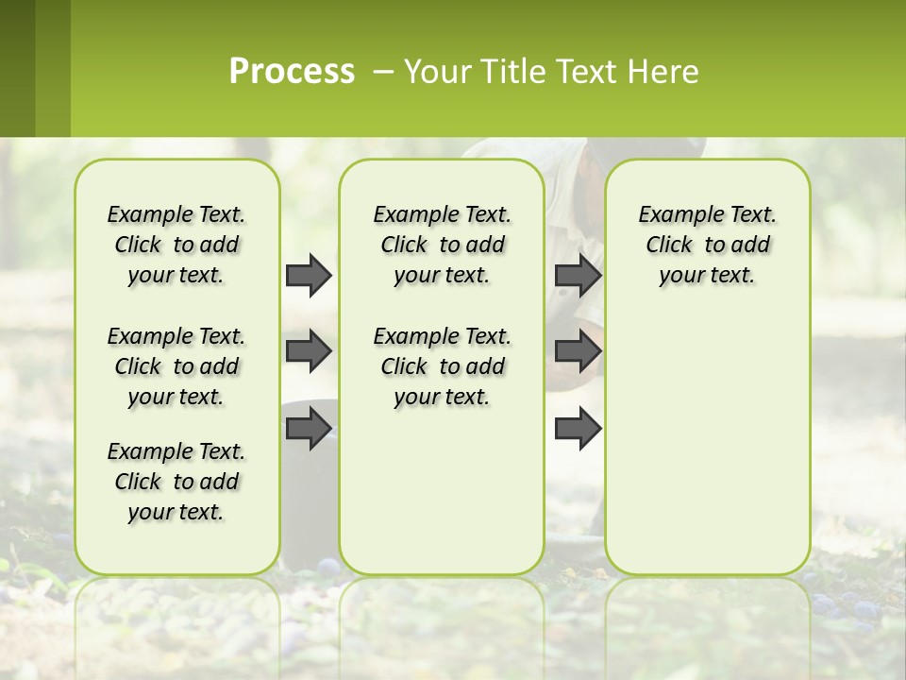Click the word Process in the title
click(292, 72)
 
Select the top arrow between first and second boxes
click(309, 275)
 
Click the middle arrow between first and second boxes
click(309, 351)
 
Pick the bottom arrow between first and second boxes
click(309, 429)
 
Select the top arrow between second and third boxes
click(578, 275)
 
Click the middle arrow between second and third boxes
click(578, 351)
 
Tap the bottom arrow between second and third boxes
click(578, 429)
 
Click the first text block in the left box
click(176, 245)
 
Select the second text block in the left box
click(176, 366)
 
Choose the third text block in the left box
click(176, 482)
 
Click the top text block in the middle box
click(442, 245)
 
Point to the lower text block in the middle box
click(442, 366)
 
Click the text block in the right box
click(708, 245)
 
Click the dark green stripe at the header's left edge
click(17, 68)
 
